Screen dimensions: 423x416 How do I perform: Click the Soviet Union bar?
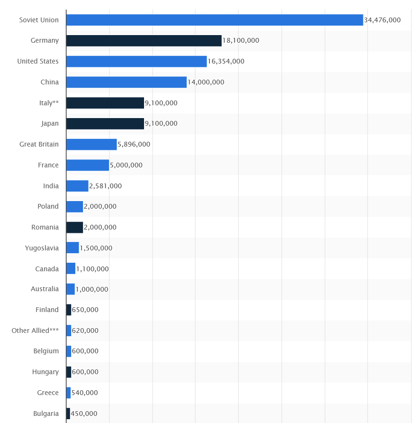[x=215, y=20]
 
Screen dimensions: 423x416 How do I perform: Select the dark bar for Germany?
[x=144, y=41]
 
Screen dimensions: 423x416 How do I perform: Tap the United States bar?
[x=136, y=62]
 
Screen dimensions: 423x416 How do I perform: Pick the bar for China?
[x=127, y=82]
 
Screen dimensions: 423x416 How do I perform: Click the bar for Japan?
[x=105, y=124]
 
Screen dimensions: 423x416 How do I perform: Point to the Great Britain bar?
[x=91, y=145]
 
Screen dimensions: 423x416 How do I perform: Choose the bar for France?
[x=88, y=165]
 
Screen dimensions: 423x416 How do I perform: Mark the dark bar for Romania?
[x=74, y=227]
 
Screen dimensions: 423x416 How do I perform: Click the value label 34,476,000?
[x=382, y=20]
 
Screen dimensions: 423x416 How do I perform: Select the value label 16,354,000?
[x=226, y=62]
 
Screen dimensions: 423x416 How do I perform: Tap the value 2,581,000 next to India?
[x=105, y=186]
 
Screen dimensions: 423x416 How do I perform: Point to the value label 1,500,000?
[x=96, y=248]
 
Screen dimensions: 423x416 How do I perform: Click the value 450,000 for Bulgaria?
[x=84, y=414]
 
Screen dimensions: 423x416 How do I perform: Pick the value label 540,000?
[x=85, y=393]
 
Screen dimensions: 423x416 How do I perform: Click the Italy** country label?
[x=49, y=103]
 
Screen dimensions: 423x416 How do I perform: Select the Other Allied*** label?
[x=36, y=331]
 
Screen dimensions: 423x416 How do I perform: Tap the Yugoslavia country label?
[x=42, y=248]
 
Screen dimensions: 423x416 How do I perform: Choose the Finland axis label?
[x=47, y=310]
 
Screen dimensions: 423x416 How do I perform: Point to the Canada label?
[x=47, y=269]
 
